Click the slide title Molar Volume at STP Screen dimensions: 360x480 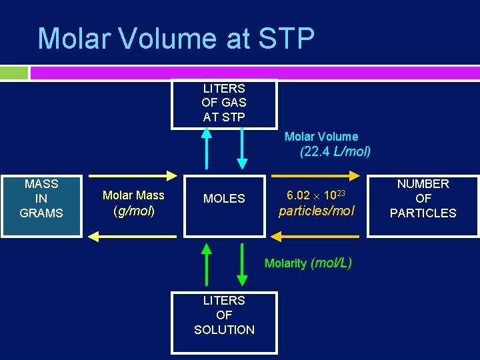[176, 39]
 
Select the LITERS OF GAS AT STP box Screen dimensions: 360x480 [224, 103]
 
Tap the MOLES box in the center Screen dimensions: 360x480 [224, 199]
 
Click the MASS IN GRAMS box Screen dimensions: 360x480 [41, 199]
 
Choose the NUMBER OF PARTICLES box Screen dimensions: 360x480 [423, 199]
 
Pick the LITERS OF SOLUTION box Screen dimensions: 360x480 [224, 315]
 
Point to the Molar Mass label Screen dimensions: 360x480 [133, 195]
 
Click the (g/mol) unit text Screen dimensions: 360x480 [133, 211]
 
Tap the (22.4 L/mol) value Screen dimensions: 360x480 [335, 152]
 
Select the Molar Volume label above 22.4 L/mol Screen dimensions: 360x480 [321, 137]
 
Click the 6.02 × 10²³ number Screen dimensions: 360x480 [316, 195]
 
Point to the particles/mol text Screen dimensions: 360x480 [316, 211]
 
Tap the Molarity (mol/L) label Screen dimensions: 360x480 [308, 263]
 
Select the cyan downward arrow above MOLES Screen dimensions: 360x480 [242, 148]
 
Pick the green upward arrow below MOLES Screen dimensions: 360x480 [207, 264]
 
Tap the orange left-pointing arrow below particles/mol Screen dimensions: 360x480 [316, 235]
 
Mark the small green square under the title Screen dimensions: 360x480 [14, 73]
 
